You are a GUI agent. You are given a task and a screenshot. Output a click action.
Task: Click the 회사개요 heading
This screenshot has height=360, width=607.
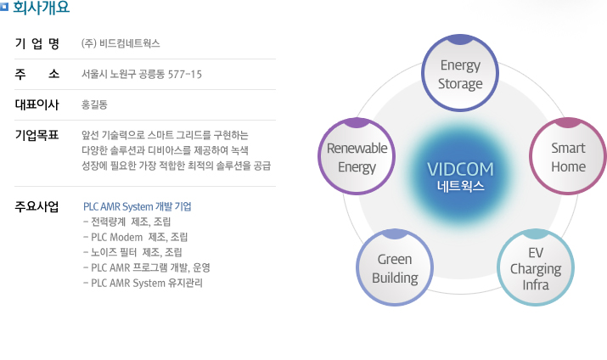pyautogui.click(x=41, y=8)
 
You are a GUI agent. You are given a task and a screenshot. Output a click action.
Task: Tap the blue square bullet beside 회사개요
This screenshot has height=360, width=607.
pyautogui.click(x=4, y=7)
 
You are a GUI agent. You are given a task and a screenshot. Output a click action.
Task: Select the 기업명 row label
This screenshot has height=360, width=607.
pyautogui.click(x=37, y=43)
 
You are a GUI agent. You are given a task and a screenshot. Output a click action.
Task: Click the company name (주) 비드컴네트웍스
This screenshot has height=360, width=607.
pyautogui.click(x=121, y=43)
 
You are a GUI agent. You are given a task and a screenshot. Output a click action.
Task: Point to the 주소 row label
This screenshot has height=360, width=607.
pyautogui.click(x=37, y=74)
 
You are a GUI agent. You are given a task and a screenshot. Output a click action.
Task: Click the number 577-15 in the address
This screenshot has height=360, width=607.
pyautogui.click(x=185, y=75)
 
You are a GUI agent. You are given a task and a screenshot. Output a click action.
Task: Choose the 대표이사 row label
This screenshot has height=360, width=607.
pyautogui.click(x=37, y=104)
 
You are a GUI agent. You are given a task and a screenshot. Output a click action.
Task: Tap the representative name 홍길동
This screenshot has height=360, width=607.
pyautogui.click(x=94, y=104)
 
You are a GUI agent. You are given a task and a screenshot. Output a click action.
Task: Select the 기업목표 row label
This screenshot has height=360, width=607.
pyautogui.click(x=37, y=135)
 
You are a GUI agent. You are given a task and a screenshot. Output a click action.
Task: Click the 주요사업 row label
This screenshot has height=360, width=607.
pyautogui.click(x=37, y=206)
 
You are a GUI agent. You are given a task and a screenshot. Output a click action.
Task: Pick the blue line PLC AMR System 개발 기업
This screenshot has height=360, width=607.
pyautogui.click(x=138, y=206)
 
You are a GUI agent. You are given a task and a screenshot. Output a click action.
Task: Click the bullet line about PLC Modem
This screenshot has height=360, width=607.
pyautogui.click(x=136, y=237)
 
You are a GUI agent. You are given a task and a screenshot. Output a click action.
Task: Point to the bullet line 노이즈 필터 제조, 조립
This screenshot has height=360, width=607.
pyautogui.click(x=132, y=252)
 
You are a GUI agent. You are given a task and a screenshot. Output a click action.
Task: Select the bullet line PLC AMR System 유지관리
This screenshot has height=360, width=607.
pyautogui.click(x=143, y=283)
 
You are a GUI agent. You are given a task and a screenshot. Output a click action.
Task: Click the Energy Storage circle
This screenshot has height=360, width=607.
pyautogui.click(x=460, y=73)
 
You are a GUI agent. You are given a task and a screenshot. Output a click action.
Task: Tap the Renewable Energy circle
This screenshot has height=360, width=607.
pyautogui.click(x=357, y=156)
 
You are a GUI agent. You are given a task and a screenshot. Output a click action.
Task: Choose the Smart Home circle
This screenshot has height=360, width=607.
pyautogui.click(x=568, y=156)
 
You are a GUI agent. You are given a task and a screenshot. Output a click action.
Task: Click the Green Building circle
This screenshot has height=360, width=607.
pyautogui.click(x=395, y=267)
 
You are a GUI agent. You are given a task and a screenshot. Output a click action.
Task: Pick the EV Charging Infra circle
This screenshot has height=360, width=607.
pyautogui.click(x=536, y=267)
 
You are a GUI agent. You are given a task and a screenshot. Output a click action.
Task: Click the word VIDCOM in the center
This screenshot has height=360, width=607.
pyautogui.click(x=460, y=170)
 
